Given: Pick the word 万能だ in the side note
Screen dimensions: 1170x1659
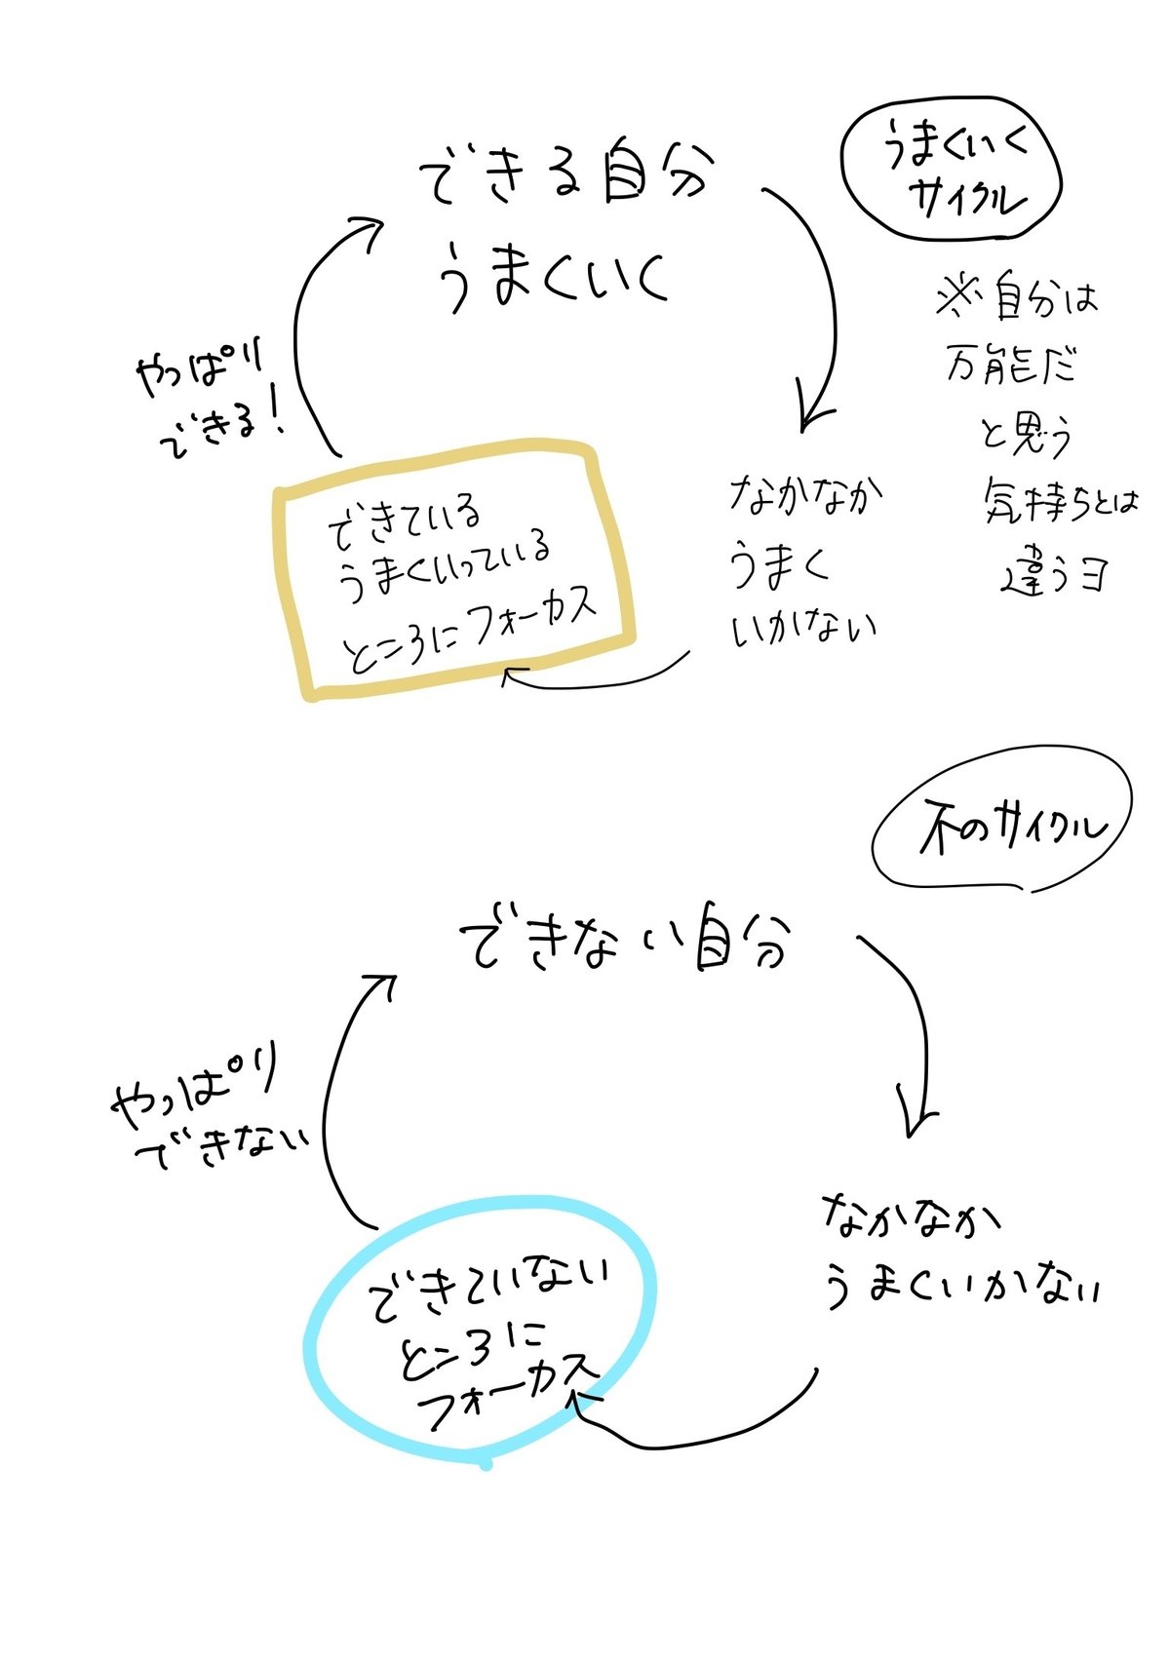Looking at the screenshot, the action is (x=1010, y=366).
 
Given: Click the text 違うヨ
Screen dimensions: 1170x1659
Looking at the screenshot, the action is (x=1054, y=575).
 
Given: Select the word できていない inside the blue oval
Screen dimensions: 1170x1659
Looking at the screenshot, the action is (x=487, y=1288).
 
